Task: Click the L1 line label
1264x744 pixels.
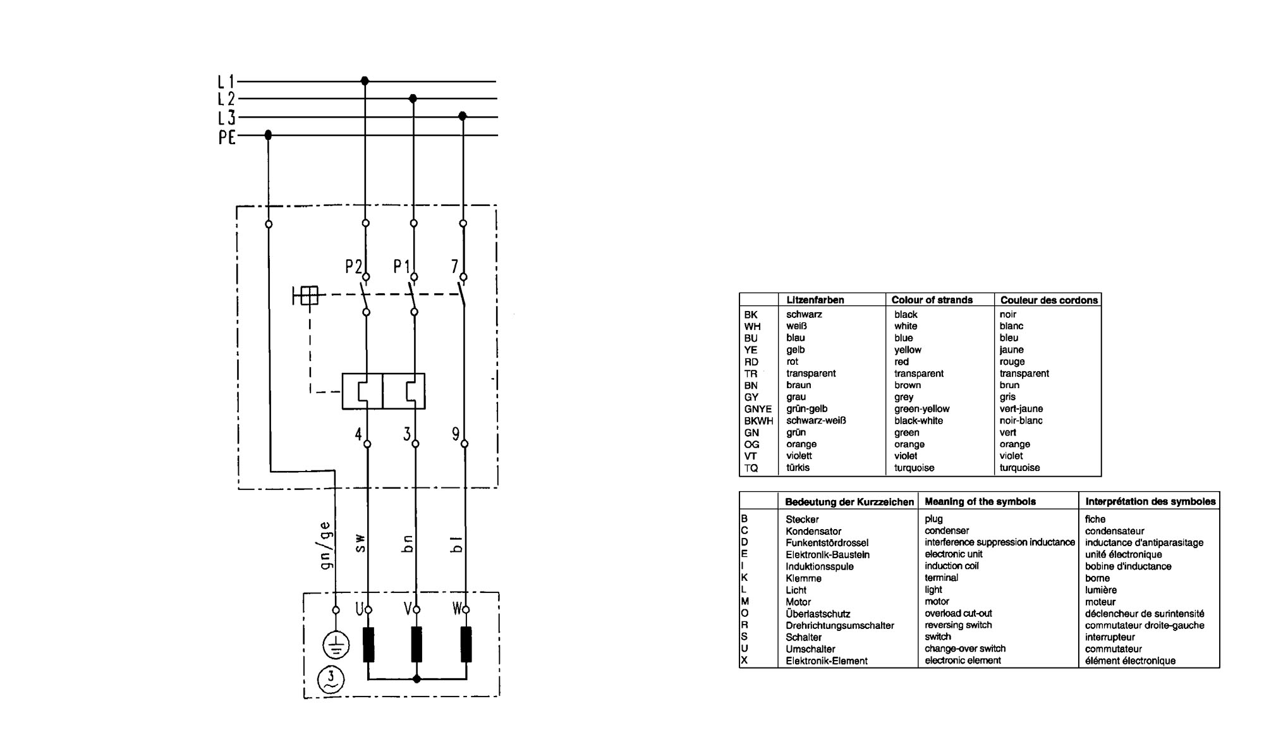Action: (x=226, y=82)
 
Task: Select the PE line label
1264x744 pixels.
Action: (x=227, y=137)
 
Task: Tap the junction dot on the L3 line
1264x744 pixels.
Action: (x=463, y=116)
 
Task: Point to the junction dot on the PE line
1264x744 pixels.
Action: (x=269, y=135)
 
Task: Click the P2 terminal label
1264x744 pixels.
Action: (x=353, y=267)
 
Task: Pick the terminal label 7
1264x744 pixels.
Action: (x=454, y=267)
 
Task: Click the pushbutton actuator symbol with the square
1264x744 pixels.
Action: (x=306, y=295)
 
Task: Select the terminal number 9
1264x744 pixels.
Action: (x=456, y=434)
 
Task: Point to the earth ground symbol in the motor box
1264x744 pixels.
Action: (x=337, y=645)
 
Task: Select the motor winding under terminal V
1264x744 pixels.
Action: (x=416, y=644)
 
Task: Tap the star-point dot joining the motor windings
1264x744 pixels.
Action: (x=416, y=680)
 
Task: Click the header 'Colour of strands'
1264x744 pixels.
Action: (x=932, y=300)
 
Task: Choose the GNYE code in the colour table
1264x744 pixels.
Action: (x=758, y=409)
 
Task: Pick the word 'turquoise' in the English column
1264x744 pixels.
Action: (x=914, y=468)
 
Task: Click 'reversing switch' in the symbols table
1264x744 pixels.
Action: (x=958, y=625)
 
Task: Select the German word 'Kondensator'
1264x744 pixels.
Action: (x=813, y=532)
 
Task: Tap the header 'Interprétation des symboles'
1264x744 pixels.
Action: (x=1150, y=501)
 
